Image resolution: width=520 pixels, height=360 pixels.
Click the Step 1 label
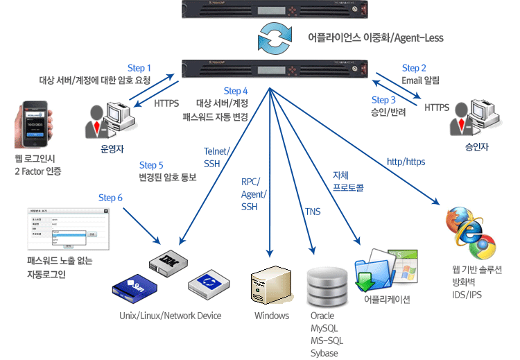[139, 68]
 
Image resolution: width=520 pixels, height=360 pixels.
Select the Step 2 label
[415, 68]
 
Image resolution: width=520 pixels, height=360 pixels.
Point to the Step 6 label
[111, 198]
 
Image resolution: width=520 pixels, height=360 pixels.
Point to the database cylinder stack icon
[326, 284]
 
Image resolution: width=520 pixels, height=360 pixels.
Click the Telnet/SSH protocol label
[217, 157]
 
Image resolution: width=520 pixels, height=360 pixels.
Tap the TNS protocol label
[313, 211]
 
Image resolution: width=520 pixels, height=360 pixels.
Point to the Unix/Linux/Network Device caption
[170, 316]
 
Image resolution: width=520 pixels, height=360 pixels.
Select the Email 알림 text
[421, 80]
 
